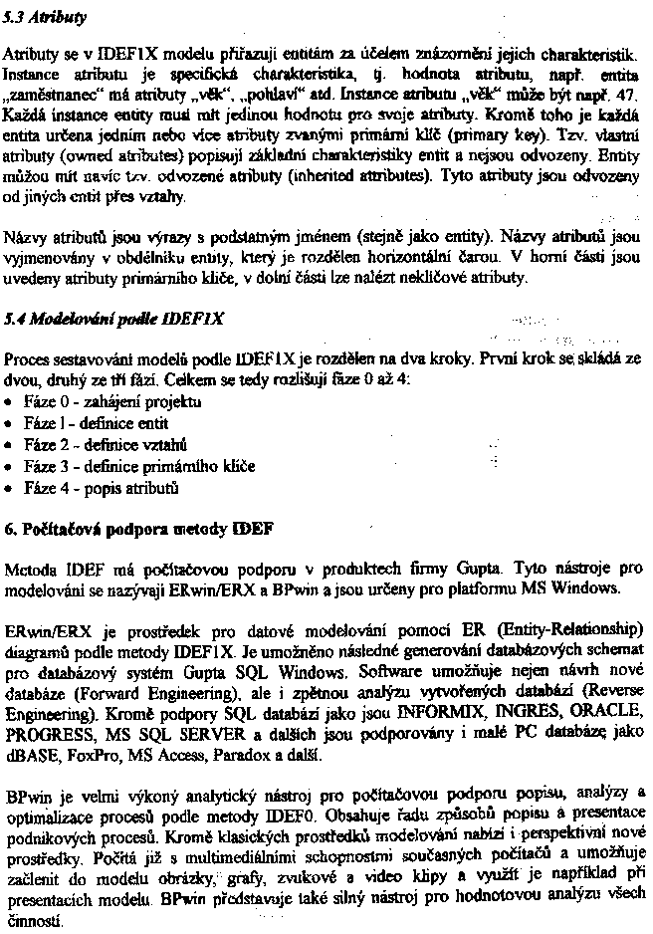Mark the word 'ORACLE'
click(x=601, y=716)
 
